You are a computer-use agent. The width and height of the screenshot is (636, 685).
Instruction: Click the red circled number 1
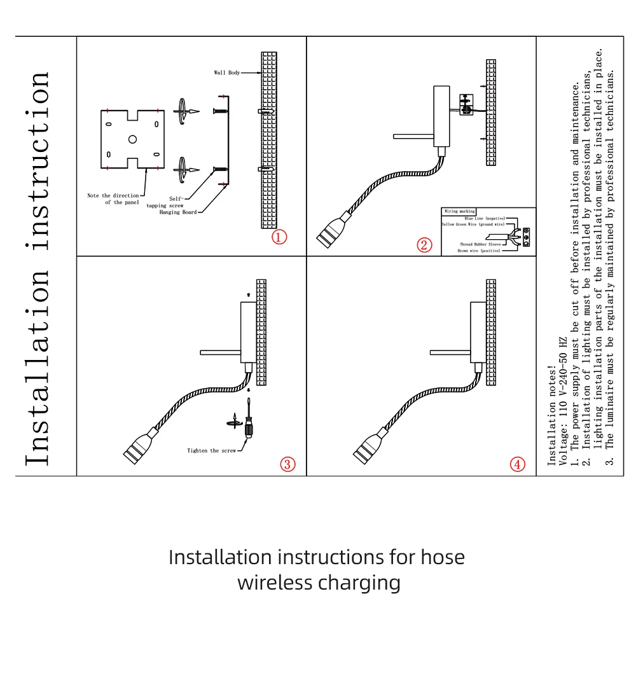pos(280,237)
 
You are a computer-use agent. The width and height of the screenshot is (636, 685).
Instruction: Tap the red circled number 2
pos(425,245)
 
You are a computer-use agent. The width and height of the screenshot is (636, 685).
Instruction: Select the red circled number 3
pos(289,464)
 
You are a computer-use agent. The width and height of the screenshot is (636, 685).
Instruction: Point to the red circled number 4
pos(518,464)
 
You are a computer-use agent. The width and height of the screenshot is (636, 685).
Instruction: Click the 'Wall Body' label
pos(227,73)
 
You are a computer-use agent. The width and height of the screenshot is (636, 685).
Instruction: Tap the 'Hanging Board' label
pos(178,212)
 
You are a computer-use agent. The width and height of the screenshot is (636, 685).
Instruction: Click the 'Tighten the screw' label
pos(211,451)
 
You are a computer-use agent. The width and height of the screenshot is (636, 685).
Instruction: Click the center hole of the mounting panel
pos(132,139)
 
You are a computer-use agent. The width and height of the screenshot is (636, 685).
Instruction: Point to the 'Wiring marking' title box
pos(460,211)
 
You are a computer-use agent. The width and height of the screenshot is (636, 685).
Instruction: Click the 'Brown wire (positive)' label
pos(479,251)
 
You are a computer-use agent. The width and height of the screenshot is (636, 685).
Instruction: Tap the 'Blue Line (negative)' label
pos(485,218)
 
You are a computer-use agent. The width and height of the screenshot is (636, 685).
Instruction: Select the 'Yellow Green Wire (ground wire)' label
pos(473,225)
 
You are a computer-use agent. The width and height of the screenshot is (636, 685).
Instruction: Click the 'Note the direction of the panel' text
pos(113,199)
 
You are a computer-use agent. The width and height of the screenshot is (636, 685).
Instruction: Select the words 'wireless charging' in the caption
pos(319,583)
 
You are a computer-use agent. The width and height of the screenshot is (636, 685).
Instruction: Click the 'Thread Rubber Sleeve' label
pos(481,244)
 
